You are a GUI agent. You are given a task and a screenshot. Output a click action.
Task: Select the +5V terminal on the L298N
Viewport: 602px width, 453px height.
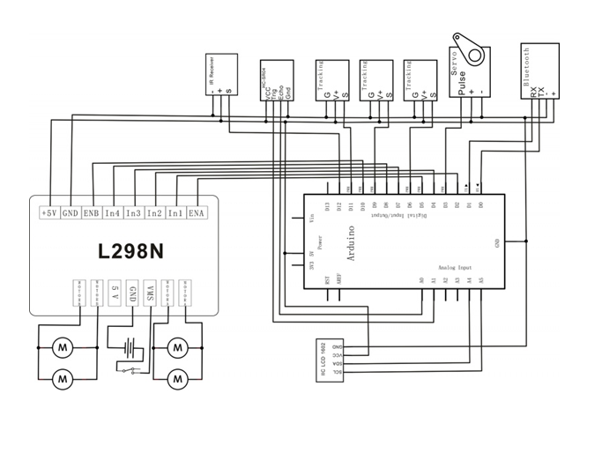(49, 212)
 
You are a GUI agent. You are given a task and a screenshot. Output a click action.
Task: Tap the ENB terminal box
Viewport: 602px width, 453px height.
(91, 212)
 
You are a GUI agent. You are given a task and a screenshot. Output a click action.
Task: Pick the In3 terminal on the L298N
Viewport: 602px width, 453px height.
(134, 212)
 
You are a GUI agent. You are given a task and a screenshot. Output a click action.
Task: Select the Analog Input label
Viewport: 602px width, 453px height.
(455, 266)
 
